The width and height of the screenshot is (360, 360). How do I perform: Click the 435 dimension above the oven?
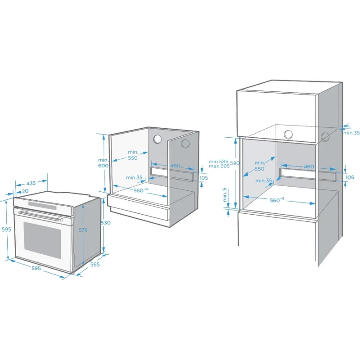point(31,183)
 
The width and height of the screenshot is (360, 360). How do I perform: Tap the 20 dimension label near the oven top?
point(25,191)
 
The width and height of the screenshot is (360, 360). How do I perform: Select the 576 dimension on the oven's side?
point(83,230)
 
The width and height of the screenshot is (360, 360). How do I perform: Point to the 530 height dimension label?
point(106,223)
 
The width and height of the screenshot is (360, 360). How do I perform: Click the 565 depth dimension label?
point(95,265)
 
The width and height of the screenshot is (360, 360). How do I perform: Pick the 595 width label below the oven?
point(36,268)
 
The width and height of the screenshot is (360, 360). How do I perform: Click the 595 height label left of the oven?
point(6,229)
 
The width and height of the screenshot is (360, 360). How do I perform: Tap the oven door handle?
point(41,216)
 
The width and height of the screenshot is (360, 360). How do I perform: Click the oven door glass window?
point(42,240)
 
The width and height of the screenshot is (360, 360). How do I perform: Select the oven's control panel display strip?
point(42,205)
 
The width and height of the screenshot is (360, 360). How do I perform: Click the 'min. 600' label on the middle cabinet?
point(103,162)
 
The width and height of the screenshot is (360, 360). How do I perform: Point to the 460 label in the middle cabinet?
point(175,166)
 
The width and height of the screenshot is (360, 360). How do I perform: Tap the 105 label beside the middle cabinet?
point(203,178)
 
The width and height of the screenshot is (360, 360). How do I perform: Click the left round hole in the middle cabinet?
point(157,139)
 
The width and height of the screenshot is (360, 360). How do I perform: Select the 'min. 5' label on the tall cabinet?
point(225,195)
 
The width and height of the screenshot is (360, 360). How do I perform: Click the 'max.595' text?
point(219,166)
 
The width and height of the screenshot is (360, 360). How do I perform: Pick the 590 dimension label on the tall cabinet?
point(235,163)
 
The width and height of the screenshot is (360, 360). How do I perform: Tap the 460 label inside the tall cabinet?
point(309,166)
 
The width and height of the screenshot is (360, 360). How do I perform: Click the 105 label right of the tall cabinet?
point(350,177)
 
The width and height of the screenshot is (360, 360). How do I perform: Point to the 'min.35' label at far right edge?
point(351,133)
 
